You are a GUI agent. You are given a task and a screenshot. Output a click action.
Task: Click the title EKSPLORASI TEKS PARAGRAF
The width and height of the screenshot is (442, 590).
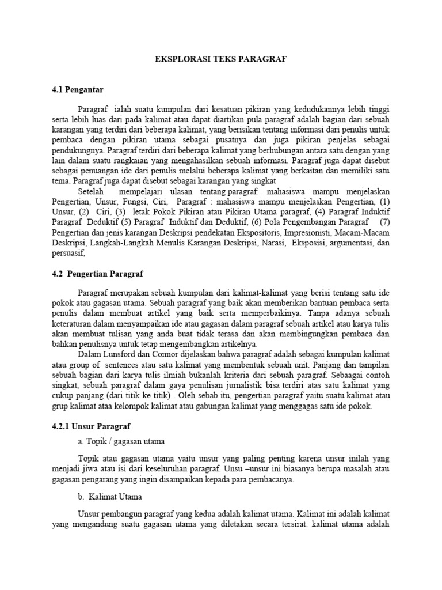click(221, 59)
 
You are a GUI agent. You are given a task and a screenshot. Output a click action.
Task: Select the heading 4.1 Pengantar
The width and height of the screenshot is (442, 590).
click(77, 90)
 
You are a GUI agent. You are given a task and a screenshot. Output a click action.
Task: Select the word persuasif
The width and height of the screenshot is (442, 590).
click(68, 253)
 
